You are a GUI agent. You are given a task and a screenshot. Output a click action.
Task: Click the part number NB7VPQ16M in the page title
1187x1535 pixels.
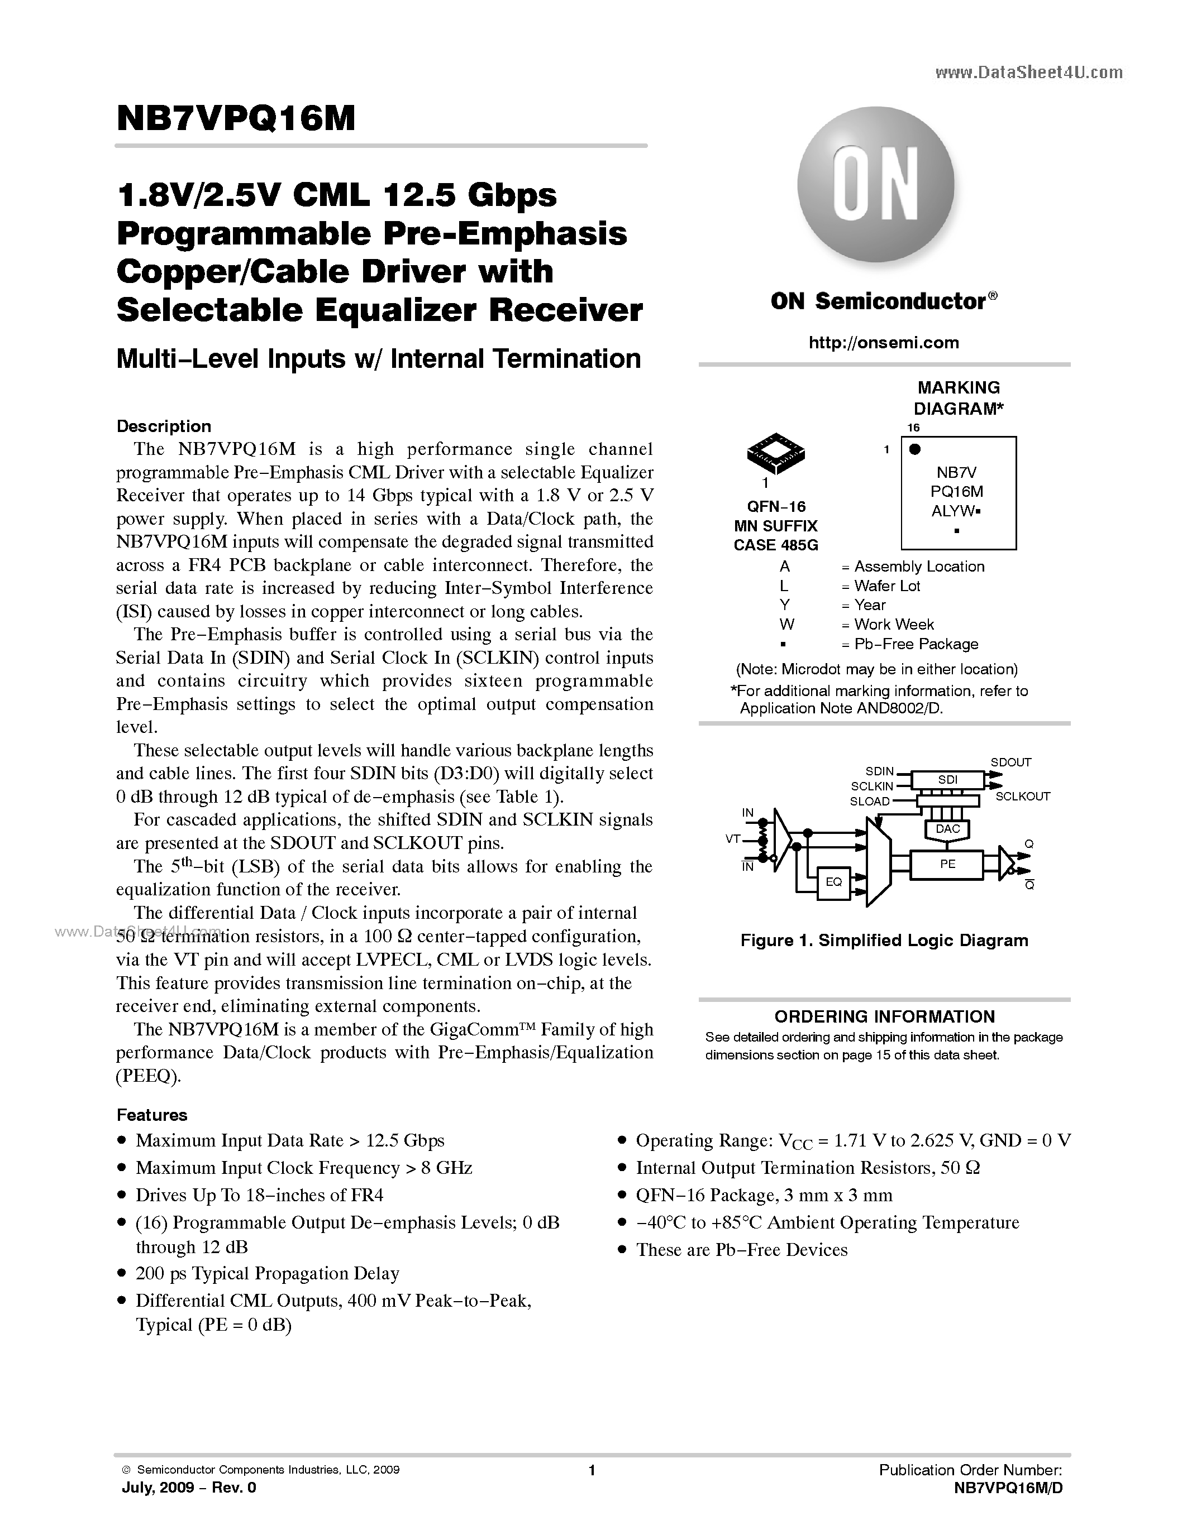[x=236, y=119]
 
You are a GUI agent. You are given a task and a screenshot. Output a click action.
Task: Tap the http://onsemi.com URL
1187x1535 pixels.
[x=884, y=342]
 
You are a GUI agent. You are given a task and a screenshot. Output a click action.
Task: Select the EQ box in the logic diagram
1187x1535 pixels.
[x=833, y=882]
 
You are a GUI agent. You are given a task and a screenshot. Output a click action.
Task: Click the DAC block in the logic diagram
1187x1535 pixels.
[x=947, y=829]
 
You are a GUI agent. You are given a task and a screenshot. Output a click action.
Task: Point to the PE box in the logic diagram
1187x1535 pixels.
[x=947, y=865]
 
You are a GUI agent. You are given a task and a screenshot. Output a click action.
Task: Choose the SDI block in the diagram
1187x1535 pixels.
[x=947, y=779]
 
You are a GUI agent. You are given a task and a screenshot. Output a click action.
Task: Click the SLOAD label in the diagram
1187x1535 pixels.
[x=870, y=801]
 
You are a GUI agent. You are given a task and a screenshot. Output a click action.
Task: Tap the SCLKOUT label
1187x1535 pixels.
[x=1022, y=797]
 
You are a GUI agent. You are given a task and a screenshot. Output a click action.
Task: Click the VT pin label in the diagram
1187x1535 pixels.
[x=733, y=838]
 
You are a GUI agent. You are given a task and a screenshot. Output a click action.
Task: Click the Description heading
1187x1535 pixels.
[x=164, y=426]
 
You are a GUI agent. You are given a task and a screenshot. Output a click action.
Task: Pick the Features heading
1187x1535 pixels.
[x=152, y=1115]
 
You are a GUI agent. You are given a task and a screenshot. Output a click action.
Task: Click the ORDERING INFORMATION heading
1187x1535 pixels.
[x=884, y=1016]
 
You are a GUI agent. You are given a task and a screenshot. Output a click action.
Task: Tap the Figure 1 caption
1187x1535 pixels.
[x=884, y=941]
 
